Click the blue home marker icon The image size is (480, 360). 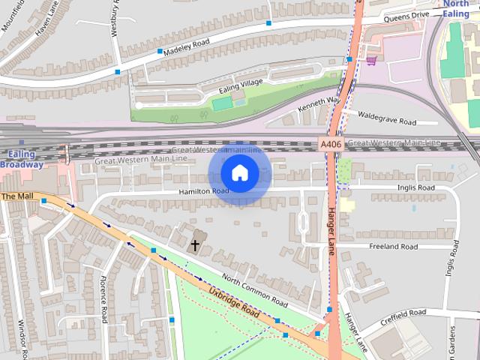click(x=240, y=173)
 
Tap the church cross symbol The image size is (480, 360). click(x=195, y=244)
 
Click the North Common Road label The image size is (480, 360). click(x=254, y=292)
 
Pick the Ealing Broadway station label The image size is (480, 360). click(x=21, y=158)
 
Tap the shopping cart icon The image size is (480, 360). click(x=370, y=60)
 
